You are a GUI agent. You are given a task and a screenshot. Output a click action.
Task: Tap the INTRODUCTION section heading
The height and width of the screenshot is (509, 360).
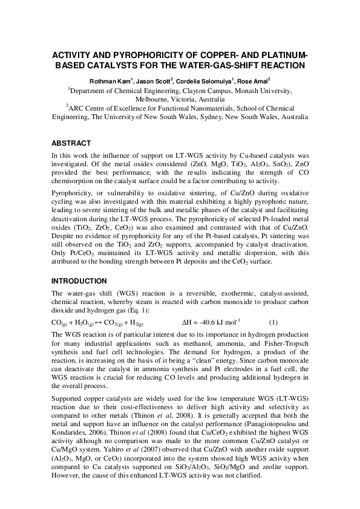tap(79, 281)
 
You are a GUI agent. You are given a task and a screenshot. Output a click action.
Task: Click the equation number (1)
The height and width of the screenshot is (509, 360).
tap(273, 322)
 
